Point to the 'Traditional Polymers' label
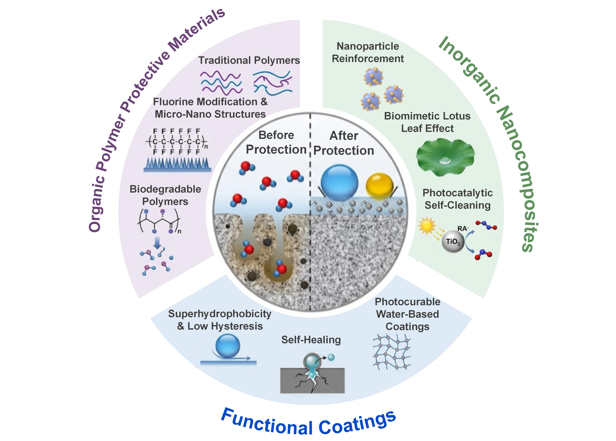point(249,60)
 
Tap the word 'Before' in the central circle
point(276,135)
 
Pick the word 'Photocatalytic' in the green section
point(458,193)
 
